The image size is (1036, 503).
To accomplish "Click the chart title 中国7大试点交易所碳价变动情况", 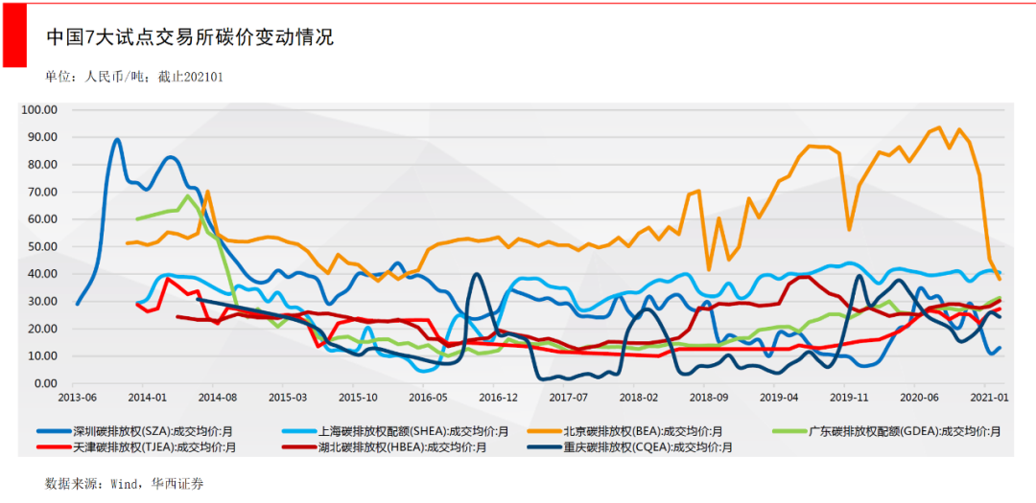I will (x=190, y=37).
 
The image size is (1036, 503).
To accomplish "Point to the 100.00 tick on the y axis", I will (x=40, y=109).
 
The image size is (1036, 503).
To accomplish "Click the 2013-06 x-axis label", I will (x=77, y=397).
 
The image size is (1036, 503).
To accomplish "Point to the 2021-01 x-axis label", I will (x=990, y=397).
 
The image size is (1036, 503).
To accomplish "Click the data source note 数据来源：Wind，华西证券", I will (x=125, y=483).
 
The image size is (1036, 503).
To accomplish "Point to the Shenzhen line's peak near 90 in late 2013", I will (x=116, y=140).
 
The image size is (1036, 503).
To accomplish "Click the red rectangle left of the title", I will (x=13, y=34).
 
